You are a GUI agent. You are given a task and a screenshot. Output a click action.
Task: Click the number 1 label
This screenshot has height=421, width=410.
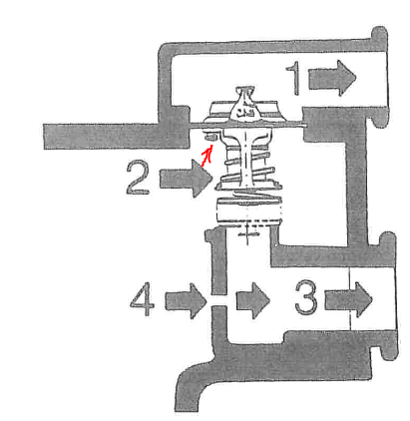[x=294, y=79]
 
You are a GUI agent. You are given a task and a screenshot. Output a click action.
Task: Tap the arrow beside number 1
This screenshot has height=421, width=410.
[x=332, y=79]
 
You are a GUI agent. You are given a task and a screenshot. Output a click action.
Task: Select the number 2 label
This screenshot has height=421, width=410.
[x=138, y=178]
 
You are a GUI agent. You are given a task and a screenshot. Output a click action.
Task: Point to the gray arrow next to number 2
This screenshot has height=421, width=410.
[x=186, y=179]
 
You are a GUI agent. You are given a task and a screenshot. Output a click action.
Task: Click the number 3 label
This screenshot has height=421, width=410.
[x=306, y=297]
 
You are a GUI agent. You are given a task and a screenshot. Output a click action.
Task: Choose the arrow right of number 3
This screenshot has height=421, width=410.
[x=348, y=299]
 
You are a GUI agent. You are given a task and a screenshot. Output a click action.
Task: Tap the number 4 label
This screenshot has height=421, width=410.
[x=142, y=299]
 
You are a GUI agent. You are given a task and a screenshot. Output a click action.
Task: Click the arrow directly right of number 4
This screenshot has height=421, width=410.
[x=186, y=301]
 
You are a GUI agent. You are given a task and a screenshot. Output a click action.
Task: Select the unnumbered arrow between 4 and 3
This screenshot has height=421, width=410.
[x=252, y=300]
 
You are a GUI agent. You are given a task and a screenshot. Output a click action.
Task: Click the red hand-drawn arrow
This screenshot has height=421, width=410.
[x=207, y=156]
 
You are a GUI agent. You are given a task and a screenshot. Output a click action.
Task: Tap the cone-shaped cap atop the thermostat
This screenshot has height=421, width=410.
[x=245, y=103]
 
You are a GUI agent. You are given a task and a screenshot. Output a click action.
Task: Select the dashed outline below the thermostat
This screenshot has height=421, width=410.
[x=249, y=213]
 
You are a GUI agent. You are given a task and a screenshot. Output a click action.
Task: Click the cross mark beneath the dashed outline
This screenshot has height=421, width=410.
[x=246, y=234]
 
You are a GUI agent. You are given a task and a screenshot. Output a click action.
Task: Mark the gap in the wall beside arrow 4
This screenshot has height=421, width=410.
[x=218, y=300]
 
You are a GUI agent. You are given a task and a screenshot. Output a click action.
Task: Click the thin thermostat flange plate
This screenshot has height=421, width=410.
[x=248, y=125]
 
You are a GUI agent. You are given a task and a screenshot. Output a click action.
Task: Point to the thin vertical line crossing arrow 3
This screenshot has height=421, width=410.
[x=349, y=298]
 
